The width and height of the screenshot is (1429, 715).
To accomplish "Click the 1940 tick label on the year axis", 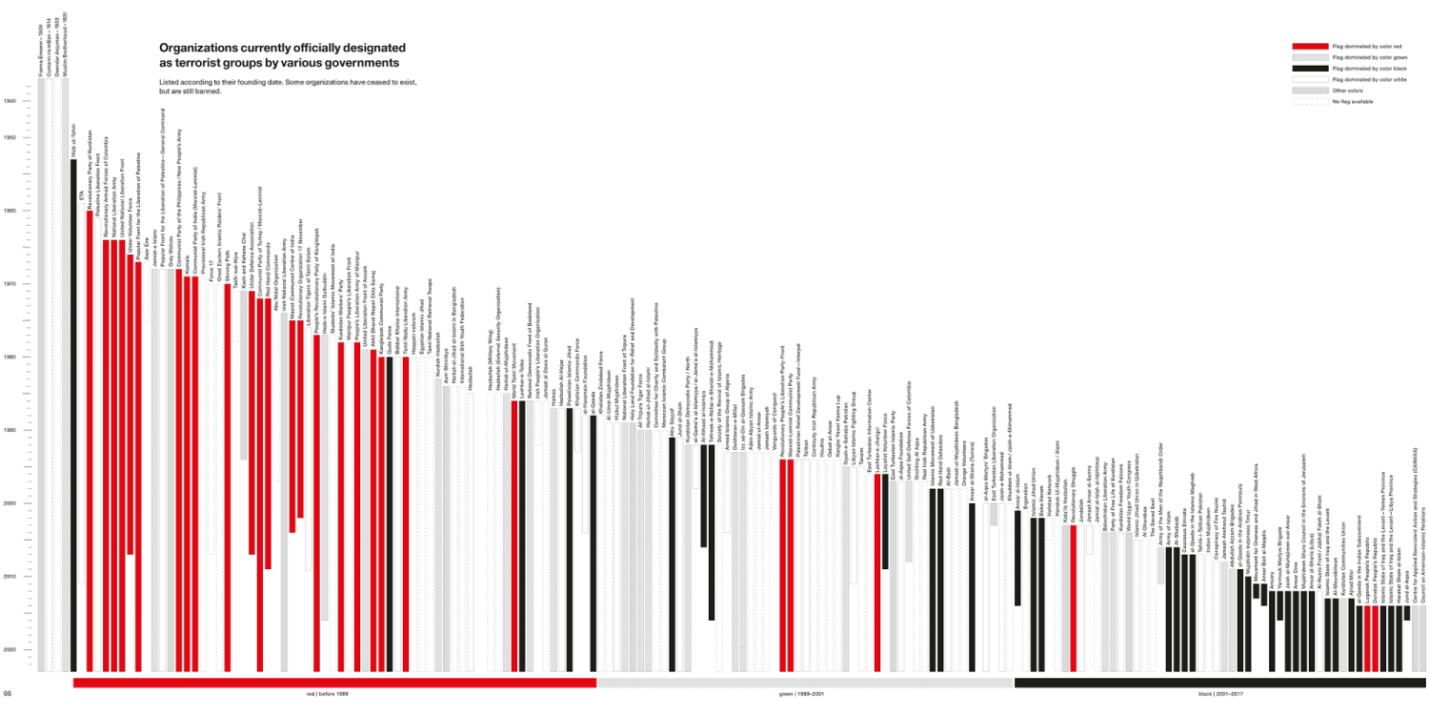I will coord(10,101).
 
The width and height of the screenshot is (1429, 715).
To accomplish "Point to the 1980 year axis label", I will coord(10,357).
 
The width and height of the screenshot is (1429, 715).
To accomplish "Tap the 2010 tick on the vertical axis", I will coord(10,577).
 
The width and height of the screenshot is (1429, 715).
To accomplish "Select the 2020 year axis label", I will coord(10,650).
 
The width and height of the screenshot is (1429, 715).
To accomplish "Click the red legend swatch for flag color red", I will coord(1309,46).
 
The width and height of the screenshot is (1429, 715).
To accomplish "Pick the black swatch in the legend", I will coord(1309,69).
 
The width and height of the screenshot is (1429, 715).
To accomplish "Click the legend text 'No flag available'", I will coord(1353,101).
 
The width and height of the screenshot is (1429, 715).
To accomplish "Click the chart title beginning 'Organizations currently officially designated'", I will coord(282,55).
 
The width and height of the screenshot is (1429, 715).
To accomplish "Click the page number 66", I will coord(7,693).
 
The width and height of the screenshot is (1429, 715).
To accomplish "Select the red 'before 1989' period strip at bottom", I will coord(333,683).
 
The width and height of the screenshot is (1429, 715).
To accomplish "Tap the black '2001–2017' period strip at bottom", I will coord(1219,683).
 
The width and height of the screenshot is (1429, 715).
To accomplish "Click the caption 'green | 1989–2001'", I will coord(805,693).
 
